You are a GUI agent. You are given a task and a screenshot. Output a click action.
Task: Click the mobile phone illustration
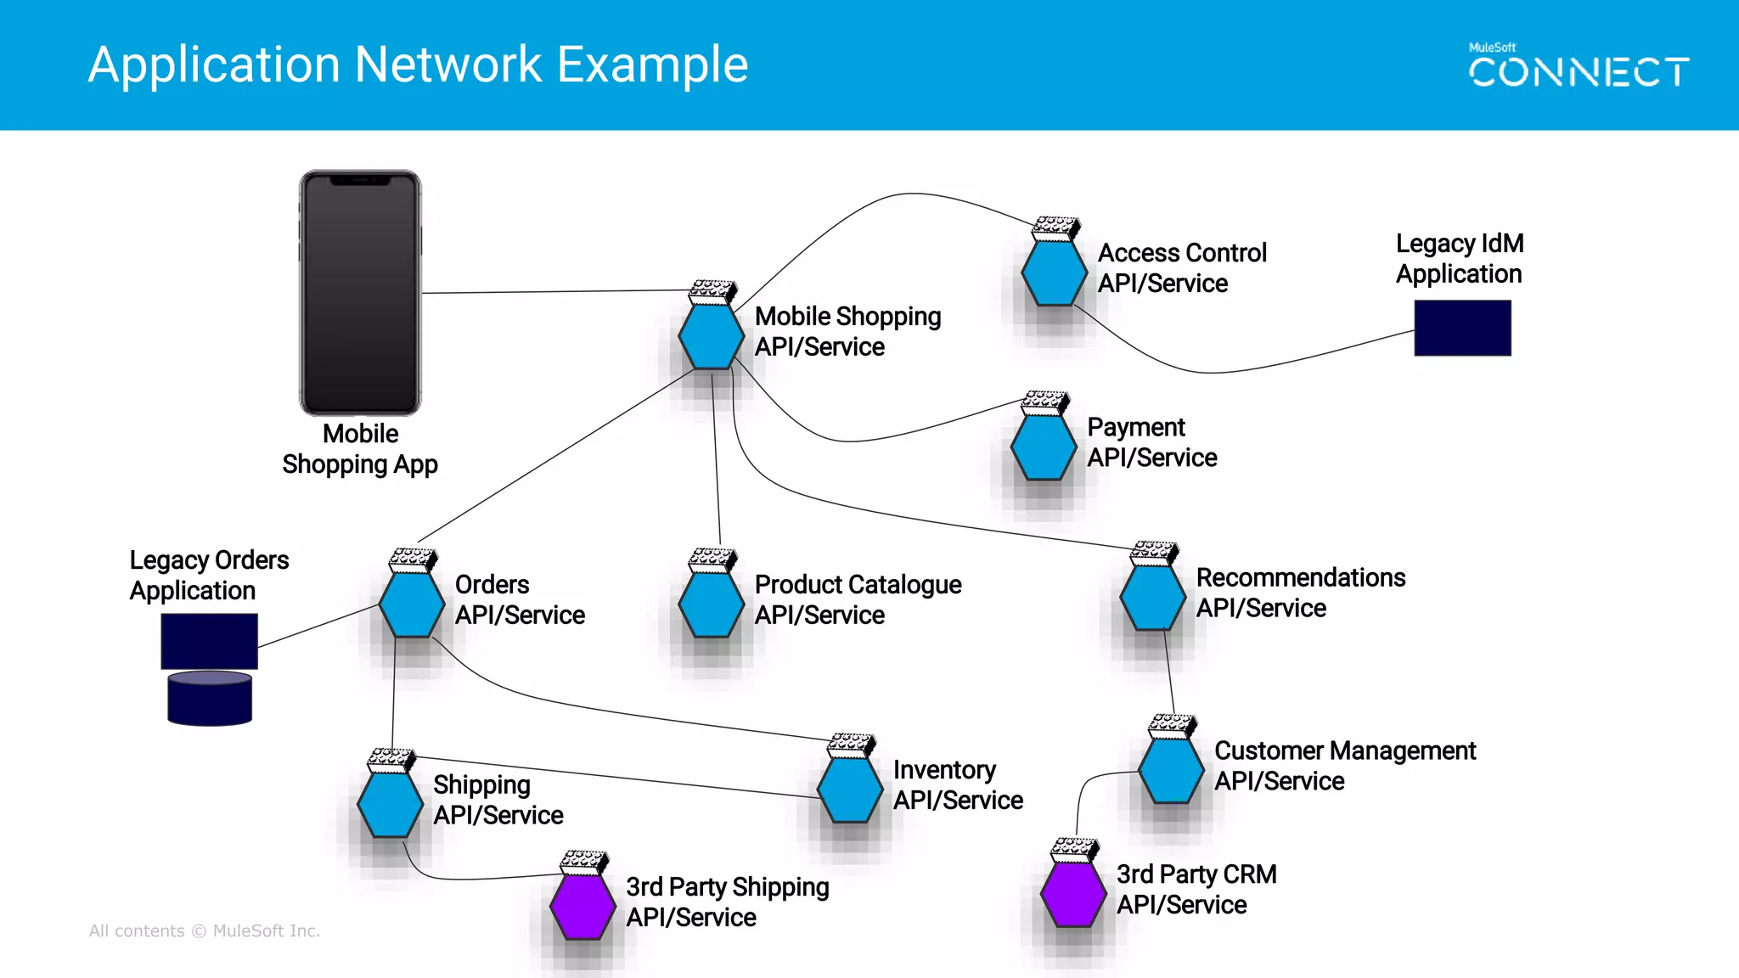[x=360, y=293]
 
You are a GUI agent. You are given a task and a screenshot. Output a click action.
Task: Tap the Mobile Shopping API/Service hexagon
[x=712, y=336]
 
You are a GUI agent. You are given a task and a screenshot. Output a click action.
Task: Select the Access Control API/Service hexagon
[x=1054, y=273]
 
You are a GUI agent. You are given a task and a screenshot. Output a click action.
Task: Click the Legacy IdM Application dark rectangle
[x=1462, y=328]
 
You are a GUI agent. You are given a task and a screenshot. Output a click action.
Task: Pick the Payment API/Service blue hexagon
[x=1044, y=447]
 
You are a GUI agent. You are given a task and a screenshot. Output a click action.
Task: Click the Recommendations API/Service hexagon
[x=1152, y=597]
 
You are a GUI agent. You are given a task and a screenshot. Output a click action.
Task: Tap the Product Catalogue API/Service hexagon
[x=712, y=604]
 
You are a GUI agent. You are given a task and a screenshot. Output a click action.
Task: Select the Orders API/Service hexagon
[x=411, y=604]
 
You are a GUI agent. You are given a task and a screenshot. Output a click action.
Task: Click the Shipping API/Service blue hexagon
[x=390, y=804]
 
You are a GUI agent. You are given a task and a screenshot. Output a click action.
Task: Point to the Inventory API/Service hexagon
[x=849, y=790]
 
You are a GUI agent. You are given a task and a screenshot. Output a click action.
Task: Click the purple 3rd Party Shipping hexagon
[x=582, y=906]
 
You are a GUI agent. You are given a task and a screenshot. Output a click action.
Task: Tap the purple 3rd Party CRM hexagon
[x=1073, y=894]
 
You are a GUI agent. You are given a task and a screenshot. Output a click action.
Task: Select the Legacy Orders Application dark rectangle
[x=209, y=641]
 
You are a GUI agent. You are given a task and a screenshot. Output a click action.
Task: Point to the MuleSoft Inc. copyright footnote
[x=205, y=930]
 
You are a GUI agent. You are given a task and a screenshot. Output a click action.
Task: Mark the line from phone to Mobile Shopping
[x=552, y=291]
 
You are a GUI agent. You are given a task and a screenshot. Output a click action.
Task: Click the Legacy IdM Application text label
[x=1459, y=259]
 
